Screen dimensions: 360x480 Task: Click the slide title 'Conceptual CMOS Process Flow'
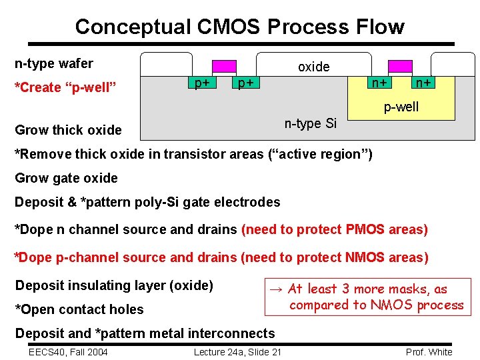(x=239, y=27)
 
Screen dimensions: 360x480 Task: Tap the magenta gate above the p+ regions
(x=224, y=66)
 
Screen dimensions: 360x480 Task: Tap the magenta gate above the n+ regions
(x=400, y=66)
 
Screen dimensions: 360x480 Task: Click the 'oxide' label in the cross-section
(x=313, y=67)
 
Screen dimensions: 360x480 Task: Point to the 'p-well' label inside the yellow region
(x=401, y=107)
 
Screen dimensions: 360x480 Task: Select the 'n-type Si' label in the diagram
(x=311, y=123)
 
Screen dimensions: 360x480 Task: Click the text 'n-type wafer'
(x=54, y=64)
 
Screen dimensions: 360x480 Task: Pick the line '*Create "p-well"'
(x=66, y=87)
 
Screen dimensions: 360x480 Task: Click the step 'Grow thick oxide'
(x=68, y=129)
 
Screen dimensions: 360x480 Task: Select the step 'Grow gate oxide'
(x=66, y=178)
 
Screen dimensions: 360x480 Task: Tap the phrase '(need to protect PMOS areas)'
(x=335, y=229)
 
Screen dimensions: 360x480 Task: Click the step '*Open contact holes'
(x=79, y=309)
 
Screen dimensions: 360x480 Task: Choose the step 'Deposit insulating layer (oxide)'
(x=114, y=285)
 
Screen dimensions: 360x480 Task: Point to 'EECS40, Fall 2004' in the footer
(x=69, y=352)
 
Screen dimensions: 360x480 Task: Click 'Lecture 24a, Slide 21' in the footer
(x=237, y=352)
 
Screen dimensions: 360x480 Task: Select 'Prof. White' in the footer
(x=429, y=352)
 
